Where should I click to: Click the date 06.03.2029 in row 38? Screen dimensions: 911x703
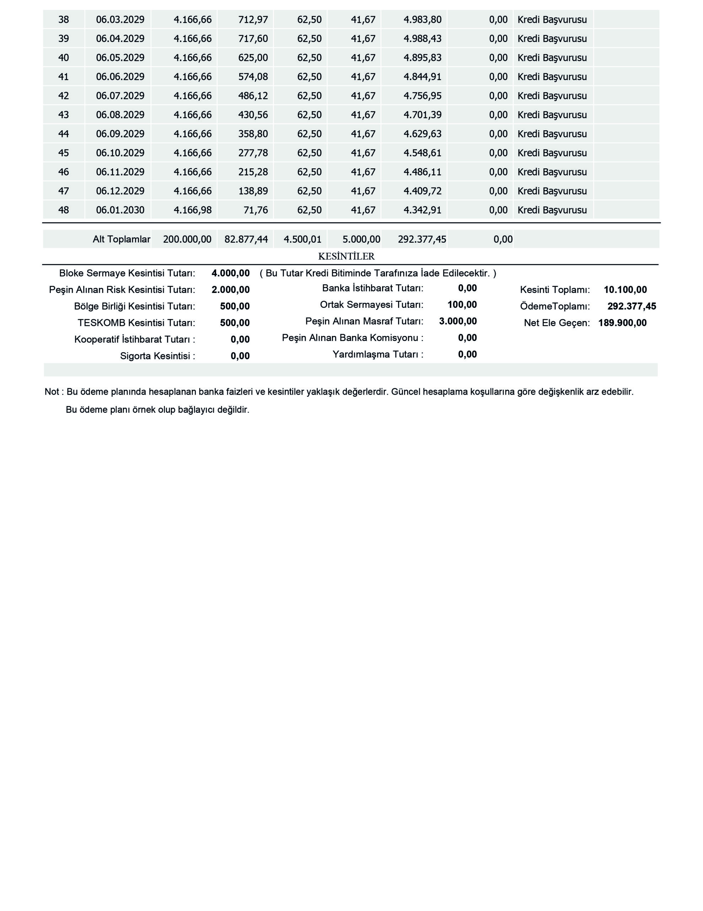click(x=120, y=20)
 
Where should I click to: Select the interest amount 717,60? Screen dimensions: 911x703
click(x=253, y=39)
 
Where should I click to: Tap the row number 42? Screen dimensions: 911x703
click(x=63, y=96)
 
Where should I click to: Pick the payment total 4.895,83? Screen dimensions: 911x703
click(x=422, y=58)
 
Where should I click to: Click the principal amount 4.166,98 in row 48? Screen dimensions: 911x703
click(x=193, y=210)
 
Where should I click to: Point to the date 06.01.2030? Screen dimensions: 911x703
click(x=120, y=210)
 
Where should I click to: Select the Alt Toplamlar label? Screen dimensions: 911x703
click(x=121, y=239)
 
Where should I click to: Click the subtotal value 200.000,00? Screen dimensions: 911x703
click(x=187, y=239)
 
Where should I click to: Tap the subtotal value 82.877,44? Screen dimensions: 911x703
click(x=246, y=239)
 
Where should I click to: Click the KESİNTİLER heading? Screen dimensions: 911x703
click(x=346, y=257)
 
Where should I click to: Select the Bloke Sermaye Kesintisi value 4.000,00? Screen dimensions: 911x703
click(x=230, y=273)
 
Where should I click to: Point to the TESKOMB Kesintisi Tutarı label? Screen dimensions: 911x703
click(x=136, y=323)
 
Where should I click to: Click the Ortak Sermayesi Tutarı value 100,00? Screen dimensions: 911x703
click(x=462, y=305)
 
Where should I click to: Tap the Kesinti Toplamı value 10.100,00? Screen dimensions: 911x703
click(x=625, y=290)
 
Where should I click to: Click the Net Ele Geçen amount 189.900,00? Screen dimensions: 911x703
click(x=622, y=323)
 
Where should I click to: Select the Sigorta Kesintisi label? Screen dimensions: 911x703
click(x=157, y=356)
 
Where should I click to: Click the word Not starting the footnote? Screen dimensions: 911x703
click(x=52, y=392)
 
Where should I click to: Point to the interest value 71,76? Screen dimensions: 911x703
click(x=256, y=210)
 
